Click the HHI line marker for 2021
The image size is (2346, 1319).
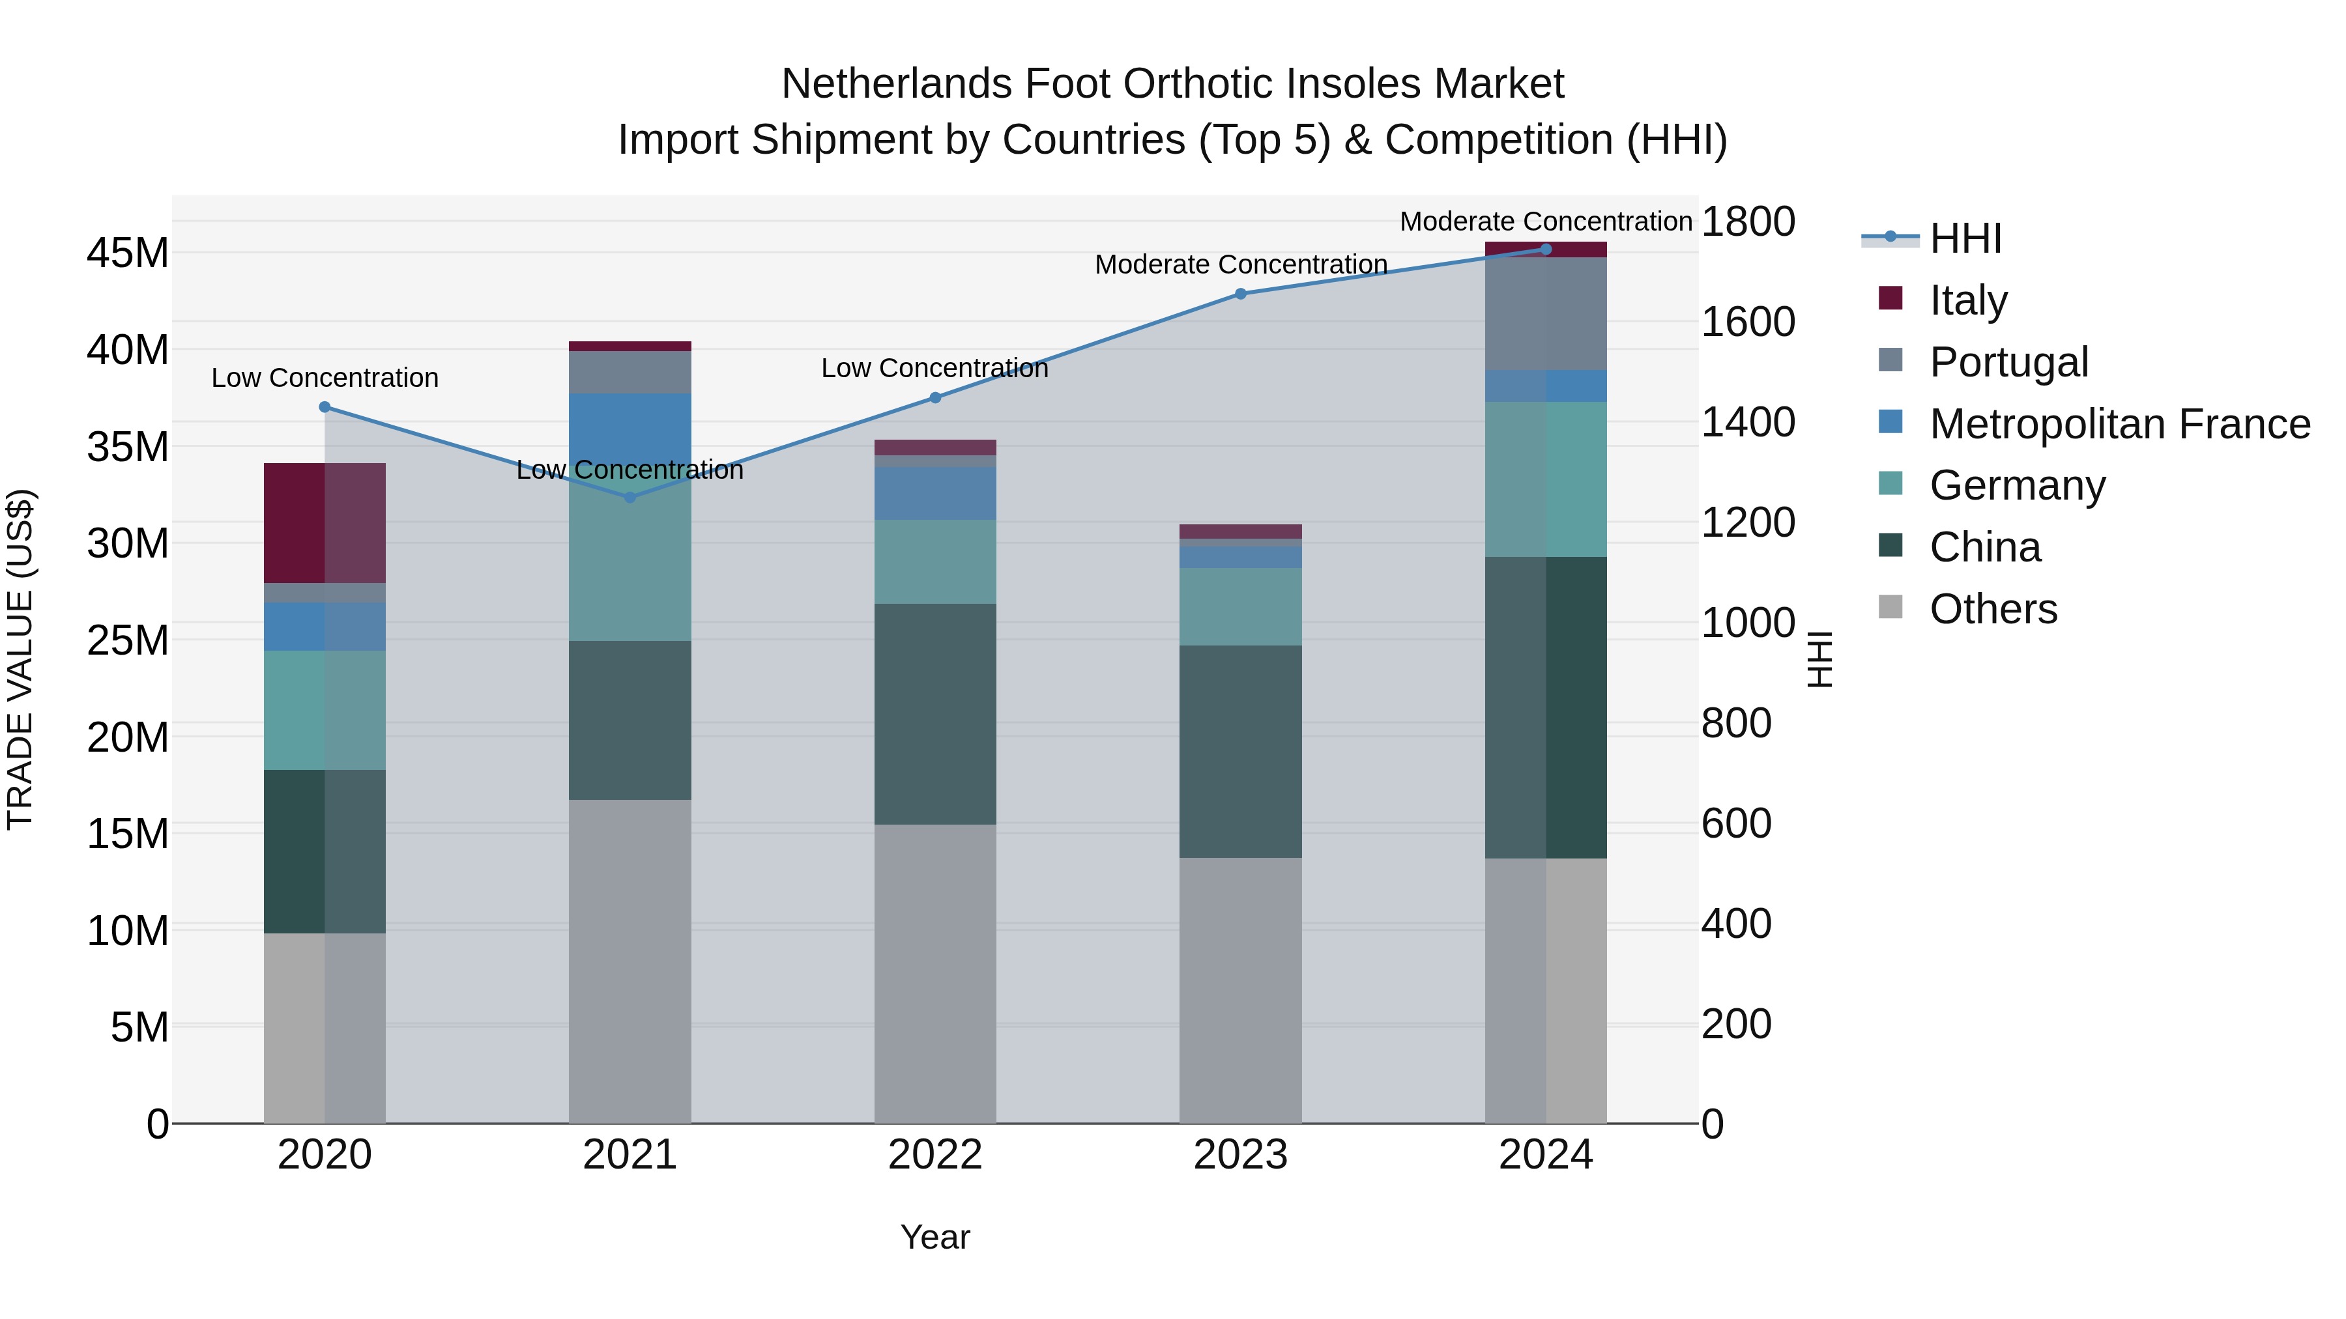point(630,497)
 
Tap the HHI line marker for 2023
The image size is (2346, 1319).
point(1240,294)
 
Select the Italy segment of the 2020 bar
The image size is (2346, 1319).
point(325,524)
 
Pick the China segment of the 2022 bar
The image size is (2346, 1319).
point(935,715)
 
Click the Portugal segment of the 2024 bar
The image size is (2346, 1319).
point(1546,314)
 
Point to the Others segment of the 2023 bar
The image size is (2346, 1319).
point(1240,990)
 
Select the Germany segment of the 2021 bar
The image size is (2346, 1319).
point(630,564)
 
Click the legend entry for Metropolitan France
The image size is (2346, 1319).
point(2119,424)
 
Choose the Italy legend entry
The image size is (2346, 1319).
point(1968,300)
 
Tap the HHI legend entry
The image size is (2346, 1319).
point(1965,238)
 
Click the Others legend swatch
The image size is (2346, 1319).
point(1890,607)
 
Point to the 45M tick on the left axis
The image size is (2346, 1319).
point(128,253)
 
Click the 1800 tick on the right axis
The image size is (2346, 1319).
point(1748,221)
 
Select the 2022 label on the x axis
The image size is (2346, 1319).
point(935,1155)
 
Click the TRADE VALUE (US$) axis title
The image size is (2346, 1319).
point(20,659)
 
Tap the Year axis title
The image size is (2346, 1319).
point(935,1237)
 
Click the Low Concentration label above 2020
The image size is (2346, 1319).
point(325,378)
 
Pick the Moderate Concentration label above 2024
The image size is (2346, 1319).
point(1546,221)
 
